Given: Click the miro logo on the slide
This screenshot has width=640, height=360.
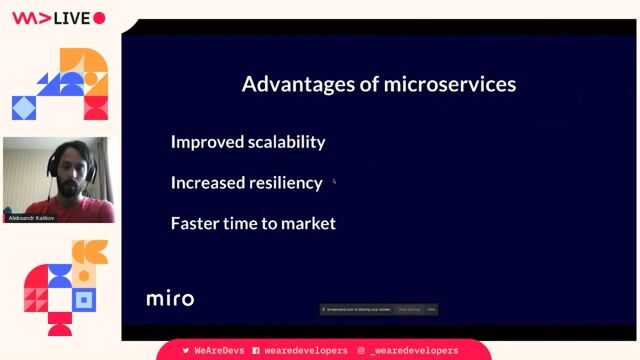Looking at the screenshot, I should click(x=170, y=298).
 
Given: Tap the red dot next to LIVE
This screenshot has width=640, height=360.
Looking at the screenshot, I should click(x=99, y=18).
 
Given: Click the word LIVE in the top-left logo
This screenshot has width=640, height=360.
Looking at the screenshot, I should click(x=72, y=18).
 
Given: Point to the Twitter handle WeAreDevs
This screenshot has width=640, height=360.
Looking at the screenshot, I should click(x=218, y=351).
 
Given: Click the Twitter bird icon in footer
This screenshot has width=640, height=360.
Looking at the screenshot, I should click(x=186, y=351).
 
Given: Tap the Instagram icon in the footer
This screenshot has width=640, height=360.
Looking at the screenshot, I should click(x=360, y=351).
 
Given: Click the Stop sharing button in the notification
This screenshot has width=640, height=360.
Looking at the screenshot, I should click(x=409, y=310).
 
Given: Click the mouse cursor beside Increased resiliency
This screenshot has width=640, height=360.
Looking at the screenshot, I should click(x=334, y=182).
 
